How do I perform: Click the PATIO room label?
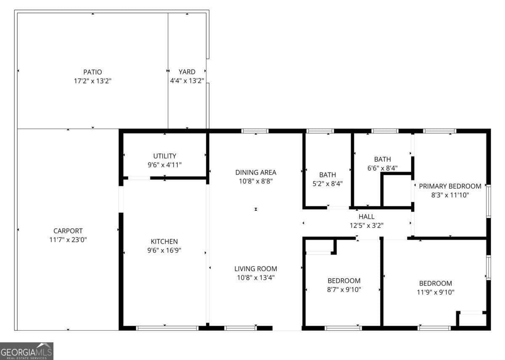(x=92, y=72)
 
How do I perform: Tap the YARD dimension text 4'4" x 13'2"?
(x=187, y=81)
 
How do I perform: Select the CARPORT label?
(x=68, y=231)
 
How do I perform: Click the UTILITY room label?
(x=165, y=156)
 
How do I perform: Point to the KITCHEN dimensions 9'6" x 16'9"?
(x=164, y=250)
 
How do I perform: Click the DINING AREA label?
(x=255, y=172)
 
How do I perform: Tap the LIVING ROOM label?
(x=255, y=269)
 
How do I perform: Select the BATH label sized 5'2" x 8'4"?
(x=327, y=175)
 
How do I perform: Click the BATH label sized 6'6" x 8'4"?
(x=382, y=159)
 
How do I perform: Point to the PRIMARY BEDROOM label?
(x=450, y=186)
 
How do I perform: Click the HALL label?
(x=366, y=217)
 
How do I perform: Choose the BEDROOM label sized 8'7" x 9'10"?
(x=344, y=281)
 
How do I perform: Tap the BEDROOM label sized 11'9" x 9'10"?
(x=435, y=283)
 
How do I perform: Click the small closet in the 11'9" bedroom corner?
(x=472, y=320)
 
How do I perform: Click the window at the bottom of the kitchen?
(x=167, y=328)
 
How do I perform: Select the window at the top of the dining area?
(x=255, y=131)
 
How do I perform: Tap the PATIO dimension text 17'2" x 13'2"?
(x=92, y=81)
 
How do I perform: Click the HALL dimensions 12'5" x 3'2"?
(x=366, y=225)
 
